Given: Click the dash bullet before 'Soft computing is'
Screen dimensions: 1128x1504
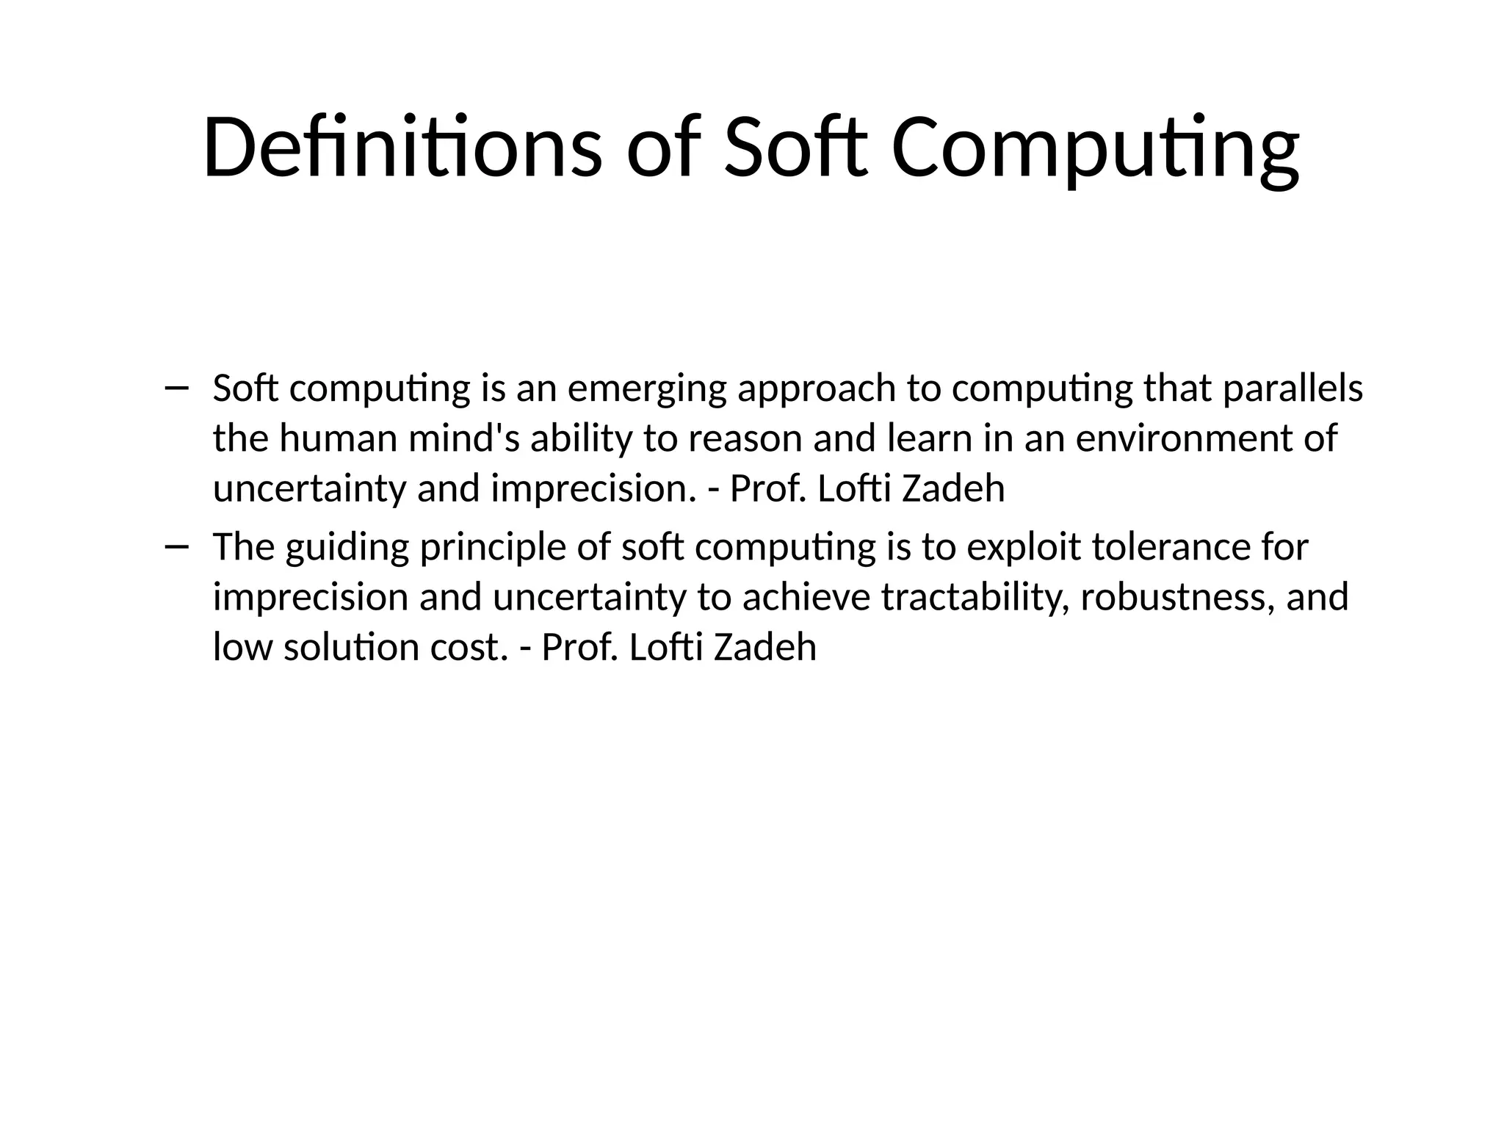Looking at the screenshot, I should click(x=177, y=388).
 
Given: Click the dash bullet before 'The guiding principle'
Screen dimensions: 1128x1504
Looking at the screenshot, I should click(x=177, y=546).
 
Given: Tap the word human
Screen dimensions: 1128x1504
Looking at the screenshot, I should click(x=338, y=438).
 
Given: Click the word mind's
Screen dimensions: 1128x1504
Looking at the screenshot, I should click(x=463, y=438).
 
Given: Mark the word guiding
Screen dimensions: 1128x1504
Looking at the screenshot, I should click(x=347, y=548).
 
